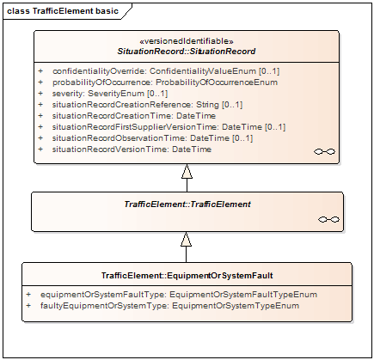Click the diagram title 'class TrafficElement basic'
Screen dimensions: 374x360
point(63,11)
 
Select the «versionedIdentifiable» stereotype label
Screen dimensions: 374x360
point(187,41)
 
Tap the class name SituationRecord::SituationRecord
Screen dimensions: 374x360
point(187,52)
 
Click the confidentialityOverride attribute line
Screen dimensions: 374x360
point(166,71)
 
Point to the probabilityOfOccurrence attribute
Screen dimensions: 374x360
point(165,82)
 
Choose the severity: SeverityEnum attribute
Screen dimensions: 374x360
point(110,94)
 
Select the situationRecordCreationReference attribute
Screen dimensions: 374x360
point(147,105)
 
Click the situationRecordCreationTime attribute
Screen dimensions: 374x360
point(134,116)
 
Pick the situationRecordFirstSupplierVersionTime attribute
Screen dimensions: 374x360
point(169,127)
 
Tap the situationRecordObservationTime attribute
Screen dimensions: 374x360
point(152,138)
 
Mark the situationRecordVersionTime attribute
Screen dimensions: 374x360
point(132,149)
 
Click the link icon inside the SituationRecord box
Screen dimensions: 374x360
point(324,151)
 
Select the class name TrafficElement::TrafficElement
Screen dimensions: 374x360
point(187,204)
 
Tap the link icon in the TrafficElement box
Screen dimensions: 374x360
point(328,220)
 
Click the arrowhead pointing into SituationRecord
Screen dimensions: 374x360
point(187,171)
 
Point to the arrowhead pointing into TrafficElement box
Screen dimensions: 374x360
point(186,239)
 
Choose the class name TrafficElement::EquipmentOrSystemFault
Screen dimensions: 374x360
point(187,276)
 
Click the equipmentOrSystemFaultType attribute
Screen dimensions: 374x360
point(179,295)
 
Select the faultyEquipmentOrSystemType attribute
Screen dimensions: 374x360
point(170,306)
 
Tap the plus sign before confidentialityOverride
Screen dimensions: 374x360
point(40,71)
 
